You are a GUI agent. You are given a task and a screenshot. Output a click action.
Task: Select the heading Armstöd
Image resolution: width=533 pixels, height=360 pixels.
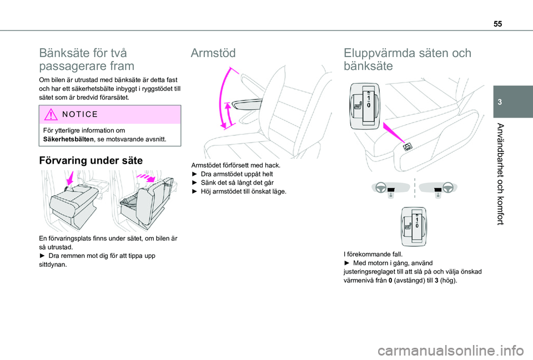(x=213, y=53)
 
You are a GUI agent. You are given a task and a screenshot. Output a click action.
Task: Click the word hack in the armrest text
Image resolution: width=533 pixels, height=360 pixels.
(x=272, y=166)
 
